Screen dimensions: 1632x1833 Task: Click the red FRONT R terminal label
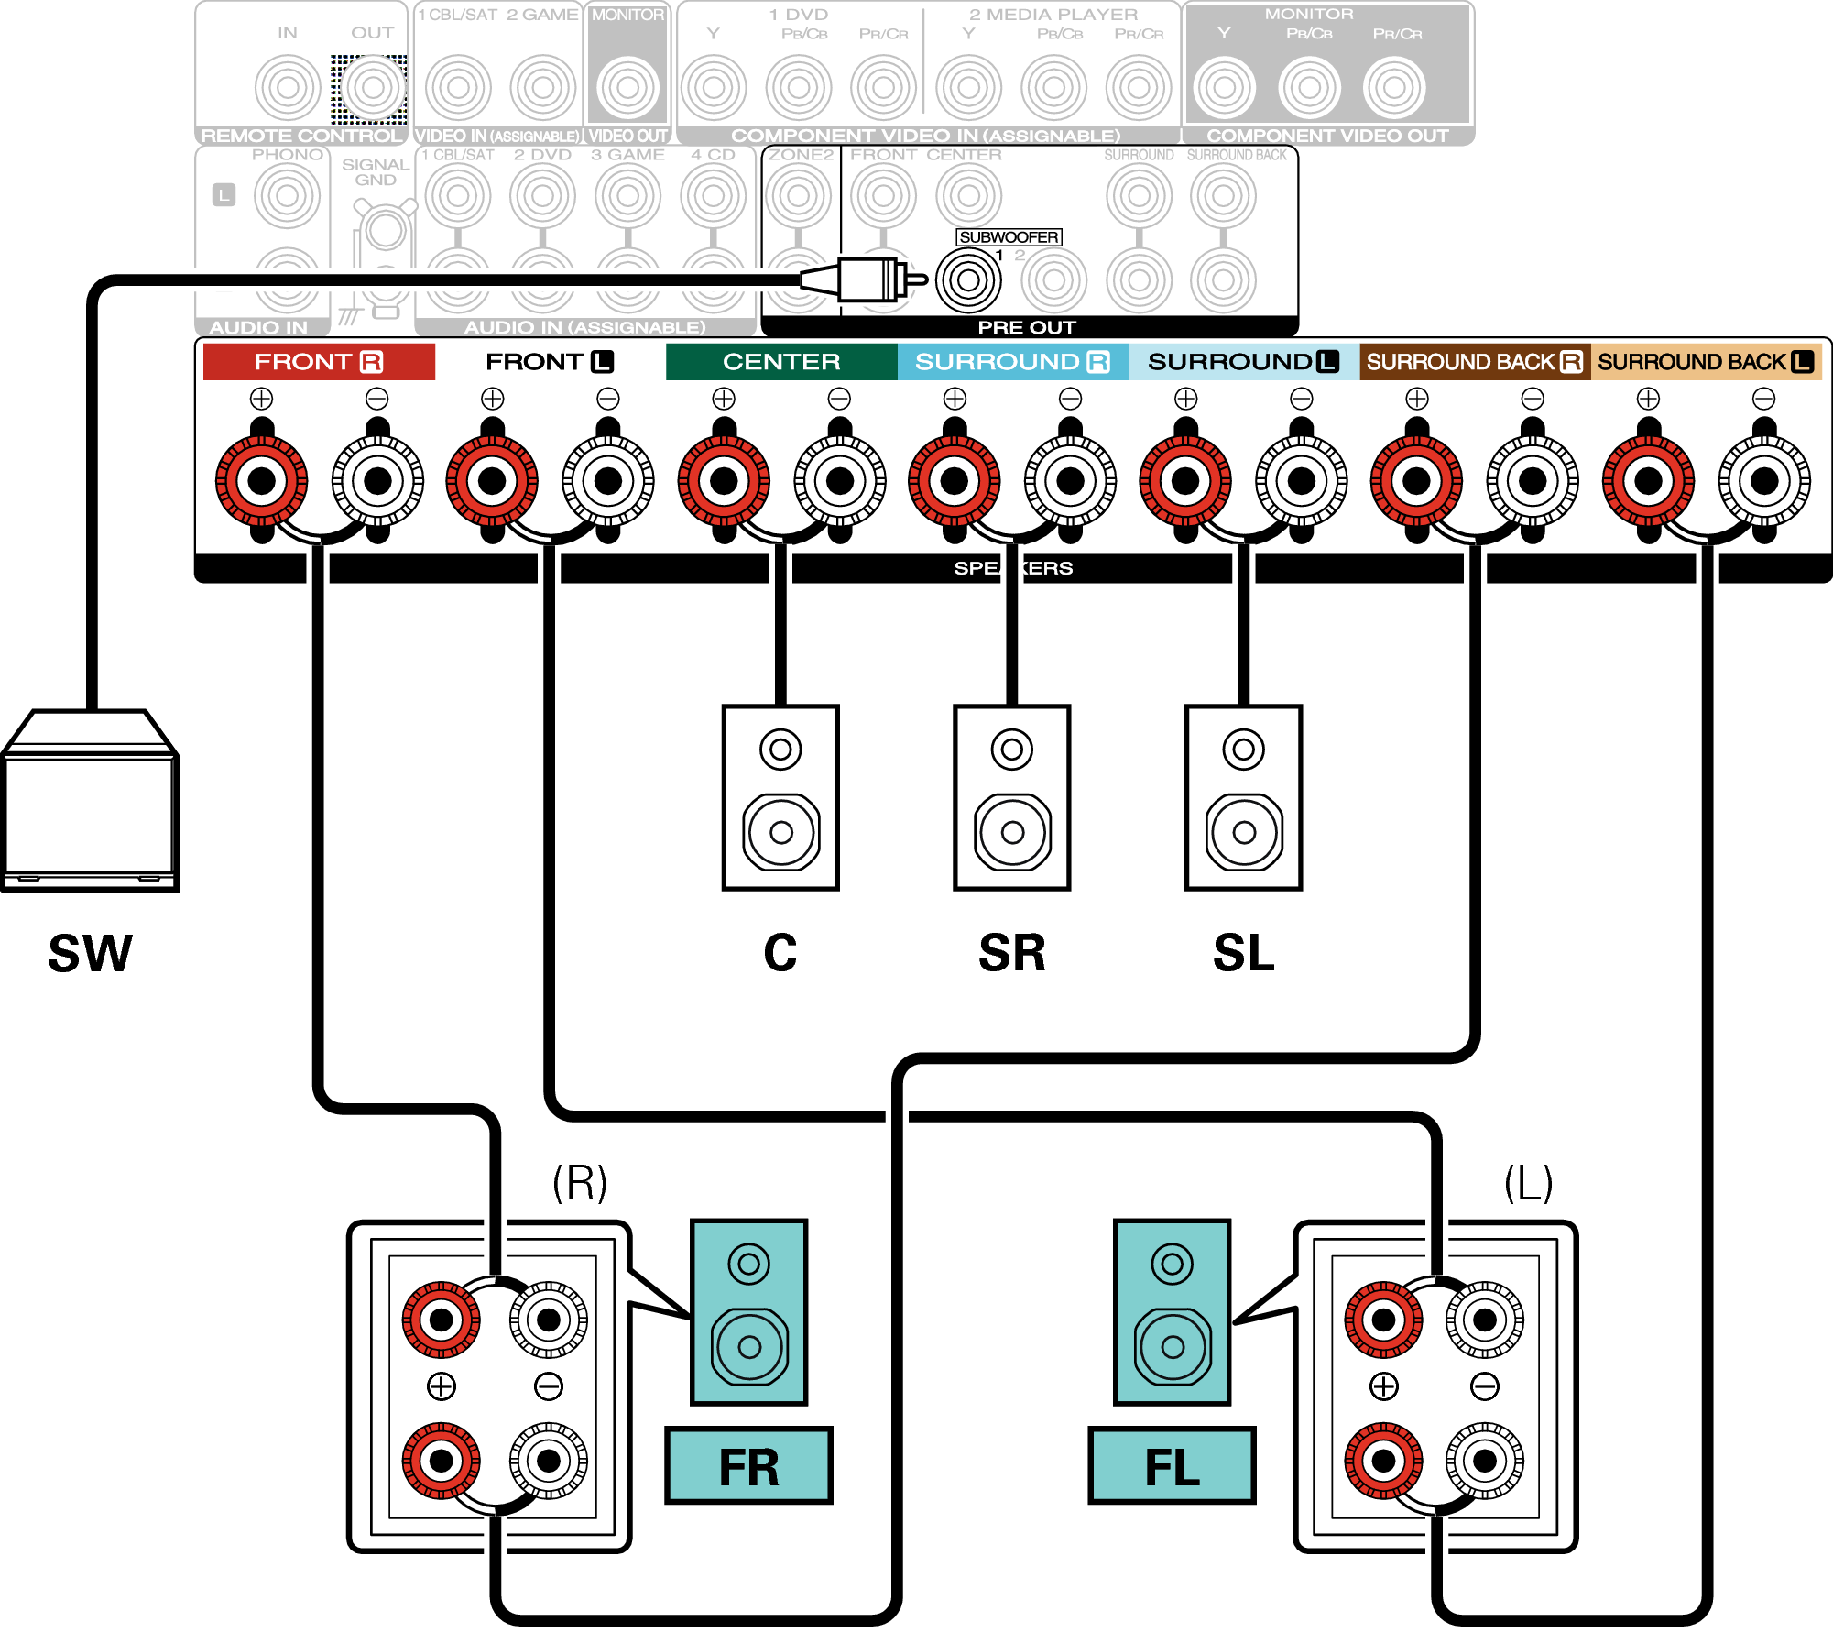tap(318, 362)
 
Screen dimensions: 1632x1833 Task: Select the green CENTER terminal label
tap(780, 362)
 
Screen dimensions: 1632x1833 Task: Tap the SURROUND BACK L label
tap(1705, 362)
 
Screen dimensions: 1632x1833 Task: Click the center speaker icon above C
tap(780, 797)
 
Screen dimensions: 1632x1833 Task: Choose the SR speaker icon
tap(1012, 797)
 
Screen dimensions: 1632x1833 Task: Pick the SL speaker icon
tap(1243, 797)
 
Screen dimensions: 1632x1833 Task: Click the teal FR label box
tap(748, 1466)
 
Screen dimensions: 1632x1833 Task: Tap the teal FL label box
tap(1172, 1466)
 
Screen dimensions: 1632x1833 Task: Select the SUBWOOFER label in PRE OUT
tap(1009, 237)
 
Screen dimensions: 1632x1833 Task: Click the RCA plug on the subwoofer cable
tap(866, 279)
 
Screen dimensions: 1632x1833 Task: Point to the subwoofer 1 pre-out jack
tap(968, 280)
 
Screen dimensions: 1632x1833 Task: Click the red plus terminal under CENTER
tap(724, 480)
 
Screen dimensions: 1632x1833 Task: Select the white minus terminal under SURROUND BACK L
tap(1764, 480)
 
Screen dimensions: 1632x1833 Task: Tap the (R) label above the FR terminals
tap(580, 1183)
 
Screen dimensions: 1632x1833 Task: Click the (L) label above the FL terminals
tap(1528, 1183)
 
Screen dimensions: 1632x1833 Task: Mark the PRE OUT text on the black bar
tap(1026, 327)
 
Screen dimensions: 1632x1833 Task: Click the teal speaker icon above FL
tap(1172, 1312)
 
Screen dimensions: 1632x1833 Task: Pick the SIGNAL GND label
tap(375, 172)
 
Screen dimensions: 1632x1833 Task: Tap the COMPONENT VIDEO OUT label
tap(1327, 136)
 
